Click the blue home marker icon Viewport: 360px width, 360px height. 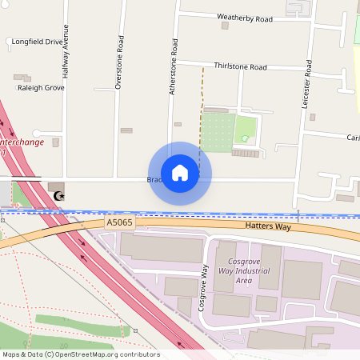tap(180, 173)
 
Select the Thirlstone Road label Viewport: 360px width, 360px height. tap(240, 67)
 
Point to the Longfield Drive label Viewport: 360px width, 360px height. tap(37, 42)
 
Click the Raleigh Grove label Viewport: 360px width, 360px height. tap(40, 88)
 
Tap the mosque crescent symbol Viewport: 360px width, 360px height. tap(58, 195)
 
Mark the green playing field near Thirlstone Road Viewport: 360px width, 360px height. tap(217, 132)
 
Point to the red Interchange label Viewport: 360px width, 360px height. tap(18, 143)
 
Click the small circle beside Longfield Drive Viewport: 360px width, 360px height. tap(8, 40)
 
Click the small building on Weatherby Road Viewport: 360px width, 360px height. tap(225, 26)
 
